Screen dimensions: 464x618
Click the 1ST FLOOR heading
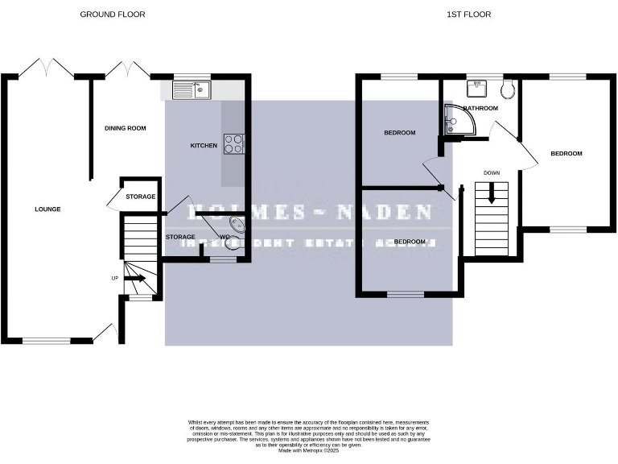[x=469, y=14]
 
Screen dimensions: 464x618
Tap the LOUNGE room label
[x=47, y=209]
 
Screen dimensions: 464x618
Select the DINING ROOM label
[x=125, y=128]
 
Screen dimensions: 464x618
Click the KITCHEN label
[x=203, y=146]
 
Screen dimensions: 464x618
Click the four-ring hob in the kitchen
[x=233, y=143]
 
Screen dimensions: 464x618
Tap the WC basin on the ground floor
[x=237, y=225]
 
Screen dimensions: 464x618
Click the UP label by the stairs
[x=114, y=278]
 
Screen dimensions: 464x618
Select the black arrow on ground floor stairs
[x=134, y=279]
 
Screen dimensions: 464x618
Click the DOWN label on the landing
[x=492, y=172]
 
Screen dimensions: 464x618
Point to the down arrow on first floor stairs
[x=491, y=194]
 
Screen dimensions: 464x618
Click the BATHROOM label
[x=480, y=108]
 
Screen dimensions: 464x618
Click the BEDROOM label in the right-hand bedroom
[x=566, y=153]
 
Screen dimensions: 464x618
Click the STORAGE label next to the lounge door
[x=140, y=197]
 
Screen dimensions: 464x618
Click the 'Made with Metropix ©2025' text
[x=308, y=451]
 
